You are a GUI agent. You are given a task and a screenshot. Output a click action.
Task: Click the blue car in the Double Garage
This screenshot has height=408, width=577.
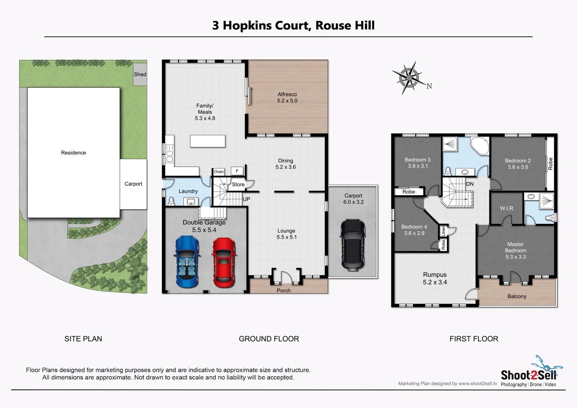click(187, 261)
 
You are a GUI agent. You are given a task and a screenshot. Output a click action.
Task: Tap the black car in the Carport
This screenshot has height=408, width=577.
click(353, 245)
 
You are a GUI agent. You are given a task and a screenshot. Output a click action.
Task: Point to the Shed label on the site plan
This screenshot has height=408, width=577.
click(140, 74)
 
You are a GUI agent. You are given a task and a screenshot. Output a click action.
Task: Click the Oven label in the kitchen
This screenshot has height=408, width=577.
click(219, 172)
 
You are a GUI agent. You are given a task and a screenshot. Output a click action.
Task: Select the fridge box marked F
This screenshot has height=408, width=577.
click(237, 171)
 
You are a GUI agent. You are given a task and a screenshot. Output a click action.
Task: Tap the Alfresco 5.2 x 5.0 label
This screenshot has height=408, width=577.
click(287, 97)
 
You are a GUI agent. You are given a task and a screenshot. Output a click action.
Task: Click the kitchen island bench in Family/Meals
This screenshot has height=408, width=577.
click(207, 141)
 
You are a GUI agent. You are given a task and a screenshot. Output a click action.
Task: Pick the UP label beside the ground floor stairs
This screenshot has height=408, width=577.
click(246, 199)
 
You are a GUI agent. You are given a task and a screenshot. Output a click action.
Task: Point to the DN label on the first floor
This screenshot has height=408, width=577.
click(470, 184)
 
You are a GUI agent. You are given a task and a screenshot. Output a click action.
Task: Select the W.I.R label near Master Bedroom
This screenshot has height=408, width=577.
click(506, 208)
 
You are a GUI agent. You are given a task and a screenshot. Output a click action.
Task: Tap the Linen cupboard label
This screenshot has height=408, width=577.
click(443, 230)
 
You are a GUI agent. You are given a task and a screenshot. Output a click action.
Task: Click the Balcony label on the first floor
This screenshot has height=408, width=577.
click(517, 297)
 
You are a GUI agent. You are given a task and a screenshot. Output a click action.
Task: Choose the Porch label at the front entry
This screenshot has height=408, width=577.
click(283, 291)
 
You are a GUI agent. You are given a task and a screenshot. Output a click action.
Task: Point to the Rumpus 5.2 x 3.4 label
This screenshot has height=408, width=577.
click(435, 278)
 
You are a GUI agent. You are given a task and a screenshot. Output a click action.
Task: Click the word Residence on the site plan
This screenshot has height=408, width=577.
click(73, 153)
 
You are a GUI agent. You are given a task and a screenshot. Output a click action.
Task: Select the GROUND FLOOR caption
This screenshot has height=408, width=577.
click(269, 339)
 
